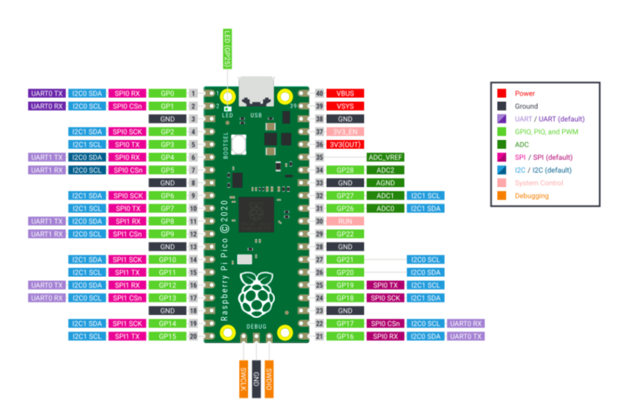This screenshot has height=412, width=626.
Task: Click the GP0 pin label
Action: click(167, 93)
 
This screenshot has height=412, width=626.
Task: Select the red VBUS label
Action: click(345, 93)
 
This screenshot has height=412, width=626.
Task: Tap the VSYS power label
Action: click(345, 106)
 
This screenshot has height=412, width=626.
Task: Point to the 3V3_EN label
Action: click(345, 132)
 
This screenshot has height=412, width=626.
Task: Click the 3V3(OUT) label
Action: click(345, 144)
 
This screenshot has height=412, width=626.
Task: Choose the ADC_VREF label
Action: click(385, 157)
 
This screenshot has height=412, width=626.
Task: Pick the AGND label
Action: click(385, 183)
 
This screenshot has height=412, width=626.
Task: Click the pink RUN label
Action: click(345, 221)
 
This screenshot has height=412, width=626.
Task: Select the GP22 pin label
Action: click(345, 234)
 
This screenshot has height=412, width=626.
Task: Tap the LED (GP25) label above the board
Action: click(227, 49)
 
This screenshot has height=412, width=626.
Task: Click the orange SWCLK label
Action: click(244, 378)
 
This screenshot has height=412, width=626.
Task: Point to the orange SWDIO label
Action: click(269, 378)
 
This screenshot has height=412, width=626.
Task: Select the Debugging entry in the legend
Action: click(531, 195)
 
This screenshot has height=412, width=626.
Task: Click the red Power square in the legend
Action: click(501, 93)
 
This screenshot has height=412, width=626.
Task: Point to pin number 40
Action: click(319, 93)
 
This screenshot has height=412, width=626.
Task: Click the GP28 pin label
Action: click(345, 170)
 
